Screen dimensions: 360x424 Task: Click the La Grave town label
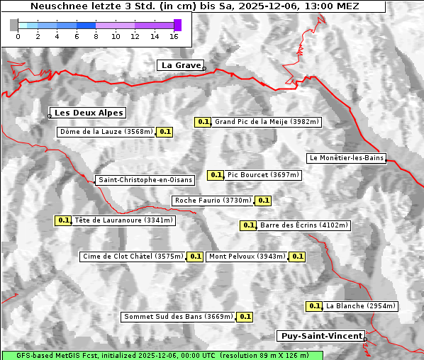pos(180,65)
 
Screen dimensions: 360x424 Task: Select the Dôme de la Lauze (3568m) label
pos(106,132)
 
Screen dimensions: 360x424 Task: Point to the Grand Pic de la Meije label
pos(267,122)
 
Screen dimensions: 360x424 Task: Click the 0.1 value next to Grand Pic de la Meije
pos(203,122)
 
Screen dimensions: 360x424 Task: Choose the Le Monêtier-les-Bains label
pos(346,157)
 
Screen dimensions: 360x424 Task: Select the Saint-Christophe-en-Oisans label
pos(145,180)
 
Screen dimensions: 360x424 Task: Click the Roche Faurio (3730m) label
pos(213,201)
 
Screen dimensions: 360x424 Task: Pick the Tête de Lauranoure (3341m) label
pos(123,220)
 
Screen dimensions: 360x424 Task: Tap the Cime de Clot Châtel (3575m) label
pos(133,257)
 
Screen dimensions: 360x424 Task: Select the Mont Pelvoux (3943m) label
pos(247,257)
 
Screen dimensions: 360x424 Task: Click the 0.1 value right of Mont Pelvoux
pos(297,257)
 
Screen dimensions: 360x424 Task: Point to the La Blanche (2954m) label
pos(360,306)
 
